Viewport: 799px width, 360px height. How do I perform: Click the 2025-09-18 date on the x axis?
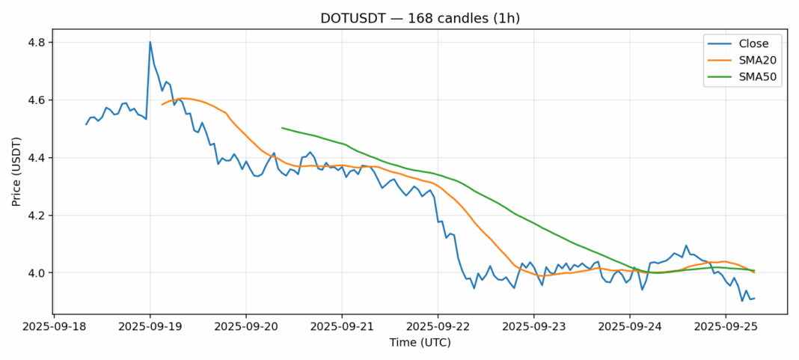tap(54, 326)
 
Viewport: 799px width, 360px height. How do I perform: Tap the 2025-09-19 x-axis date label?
tap(150, 326)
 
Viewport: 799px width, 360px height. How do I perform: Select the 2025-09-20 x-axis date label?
tap(246, 326)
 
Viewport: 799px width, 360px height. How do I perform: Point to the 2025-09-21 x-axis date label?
tap(342, 326)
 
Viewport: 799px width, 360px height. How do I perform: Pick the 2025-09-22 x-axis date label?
tap(438, 326)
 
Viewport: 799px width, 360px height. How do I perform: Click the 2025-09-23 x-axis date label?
tap(533, 326)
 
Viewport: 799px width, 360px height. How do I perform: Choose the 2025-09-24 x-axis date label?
tap(630, 326)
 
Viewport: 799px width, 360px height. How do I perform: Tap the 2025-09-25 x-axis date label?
tap(726, 326)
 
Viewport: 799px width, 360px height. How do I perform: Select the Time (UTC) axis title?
tap(420, 343)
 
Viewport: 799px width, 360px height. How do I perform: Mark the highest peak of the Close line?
tap(150, 42)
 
